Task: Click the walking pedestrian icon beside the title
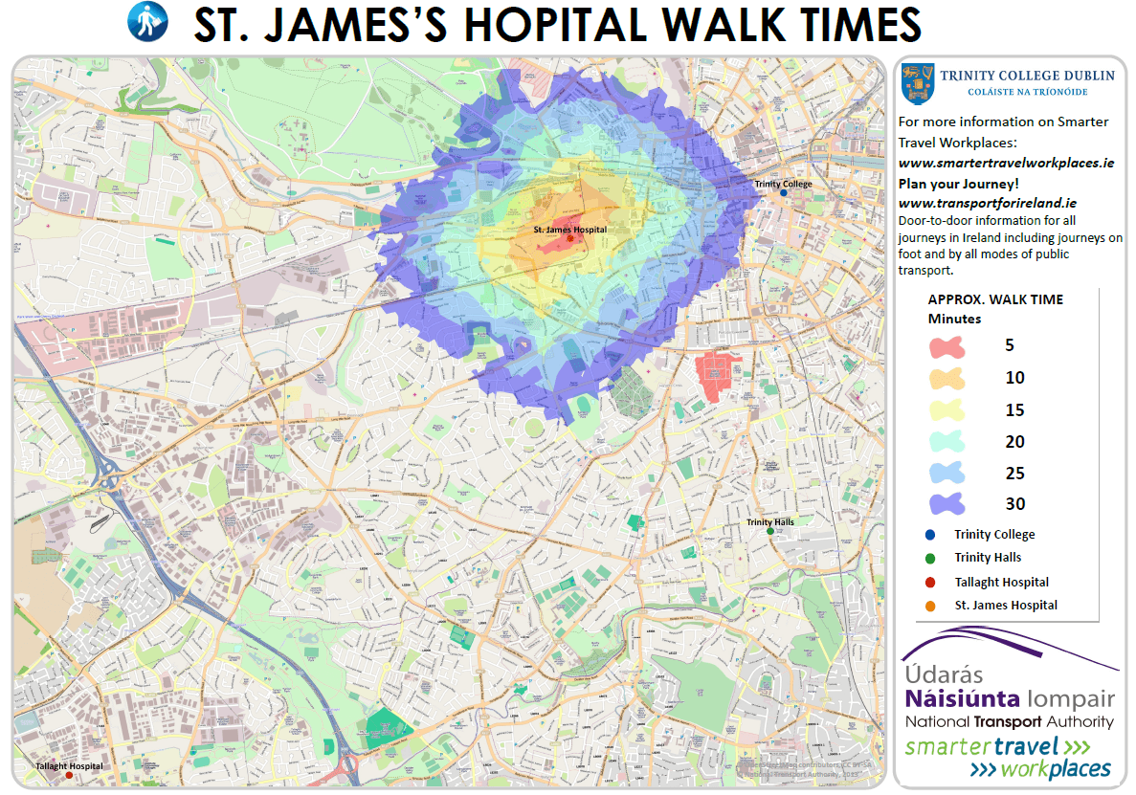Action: pyautogui.click(x=147, y=21)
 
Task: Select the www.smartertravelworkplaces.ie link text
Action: pyautogui.click(x=1006, y=164)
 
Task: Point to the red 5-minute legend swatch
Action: pyautogui.click(x=946, y=346)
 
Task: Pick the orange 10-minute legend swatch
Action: pyautogui.click(x=946, y=378)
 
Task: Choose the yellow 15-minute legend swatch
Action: pyautogui.click(x=946, y=410)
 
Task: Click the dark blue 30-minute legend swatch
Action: pyautogui.click(x=946, y=504)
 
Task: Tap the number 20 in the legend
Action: pyautogui.click(x=1014, y=442)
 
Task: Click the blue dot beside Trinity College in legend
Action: pyautogui.click(x=930, y=535)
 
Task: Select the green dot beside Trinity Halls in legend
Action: pyautogui.click(x=930, y=558)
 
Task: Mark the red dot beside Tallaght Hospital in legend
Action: pyautogui.click(x=930, y=582)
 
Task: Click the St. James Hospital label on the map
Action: pyautogui.click(x=569, y=231)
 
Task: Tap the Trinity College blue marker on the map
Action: pyautogui.click(x=784, y=193)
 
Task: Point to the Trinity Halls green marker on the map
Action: pyautogui.click(x=770, y=531)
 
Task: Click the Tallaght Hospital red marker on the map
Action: pyautogui.click(x=69, y=776)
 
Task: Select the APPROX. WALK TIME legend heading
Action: pyautogui.click(x=995, y=299)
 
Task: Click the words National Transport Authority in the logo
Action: pyautogui.click(x=1010, y=722)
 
